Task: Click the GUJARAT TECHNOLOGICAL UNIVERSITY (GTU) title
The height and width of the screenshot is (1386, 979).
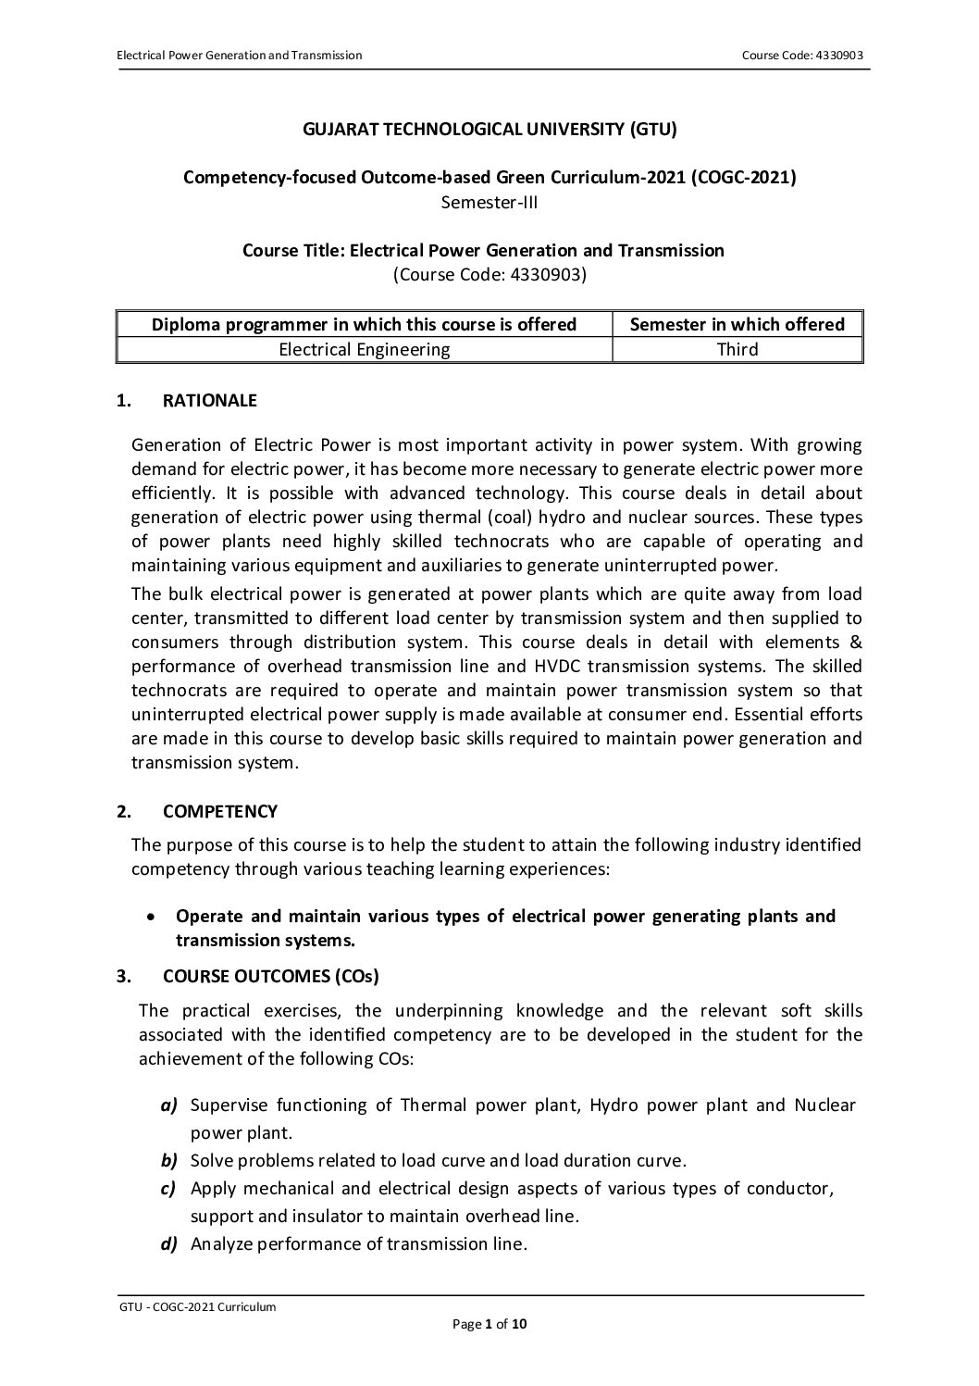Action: click(489, 130)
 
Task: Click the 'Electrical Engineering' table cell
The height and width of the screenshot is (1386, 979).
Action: click(364, 349)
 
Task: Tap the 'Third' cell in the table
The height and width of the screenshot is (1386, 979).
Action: click(737, 349)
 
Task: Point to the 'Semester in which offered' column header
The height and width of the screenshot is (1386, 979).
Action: click(737, 324)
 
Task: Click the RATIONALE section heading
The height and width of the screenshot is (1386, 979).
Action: click(209, 401)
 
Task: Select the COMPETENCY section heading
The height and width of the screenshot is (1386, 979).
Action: click(219, 812)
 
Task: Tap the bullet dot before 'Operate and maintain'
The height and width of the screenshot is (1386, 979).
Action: click(151, 917)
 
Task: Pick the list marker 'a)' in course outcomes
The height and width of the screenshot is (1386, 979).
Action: click(168, 1105)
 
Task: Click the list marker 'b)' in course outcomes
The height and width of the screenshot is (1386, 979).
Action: click(168, 1160)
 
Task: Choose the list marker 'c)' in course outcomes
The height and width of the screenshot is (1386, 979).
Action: click(168, 1189)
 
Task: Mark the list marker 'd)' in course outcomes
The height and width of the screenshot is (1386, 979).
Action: click(168, 1244)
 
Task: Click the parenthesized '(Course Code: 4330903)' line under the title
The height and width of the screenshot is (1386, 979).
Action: click(489, 274)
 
